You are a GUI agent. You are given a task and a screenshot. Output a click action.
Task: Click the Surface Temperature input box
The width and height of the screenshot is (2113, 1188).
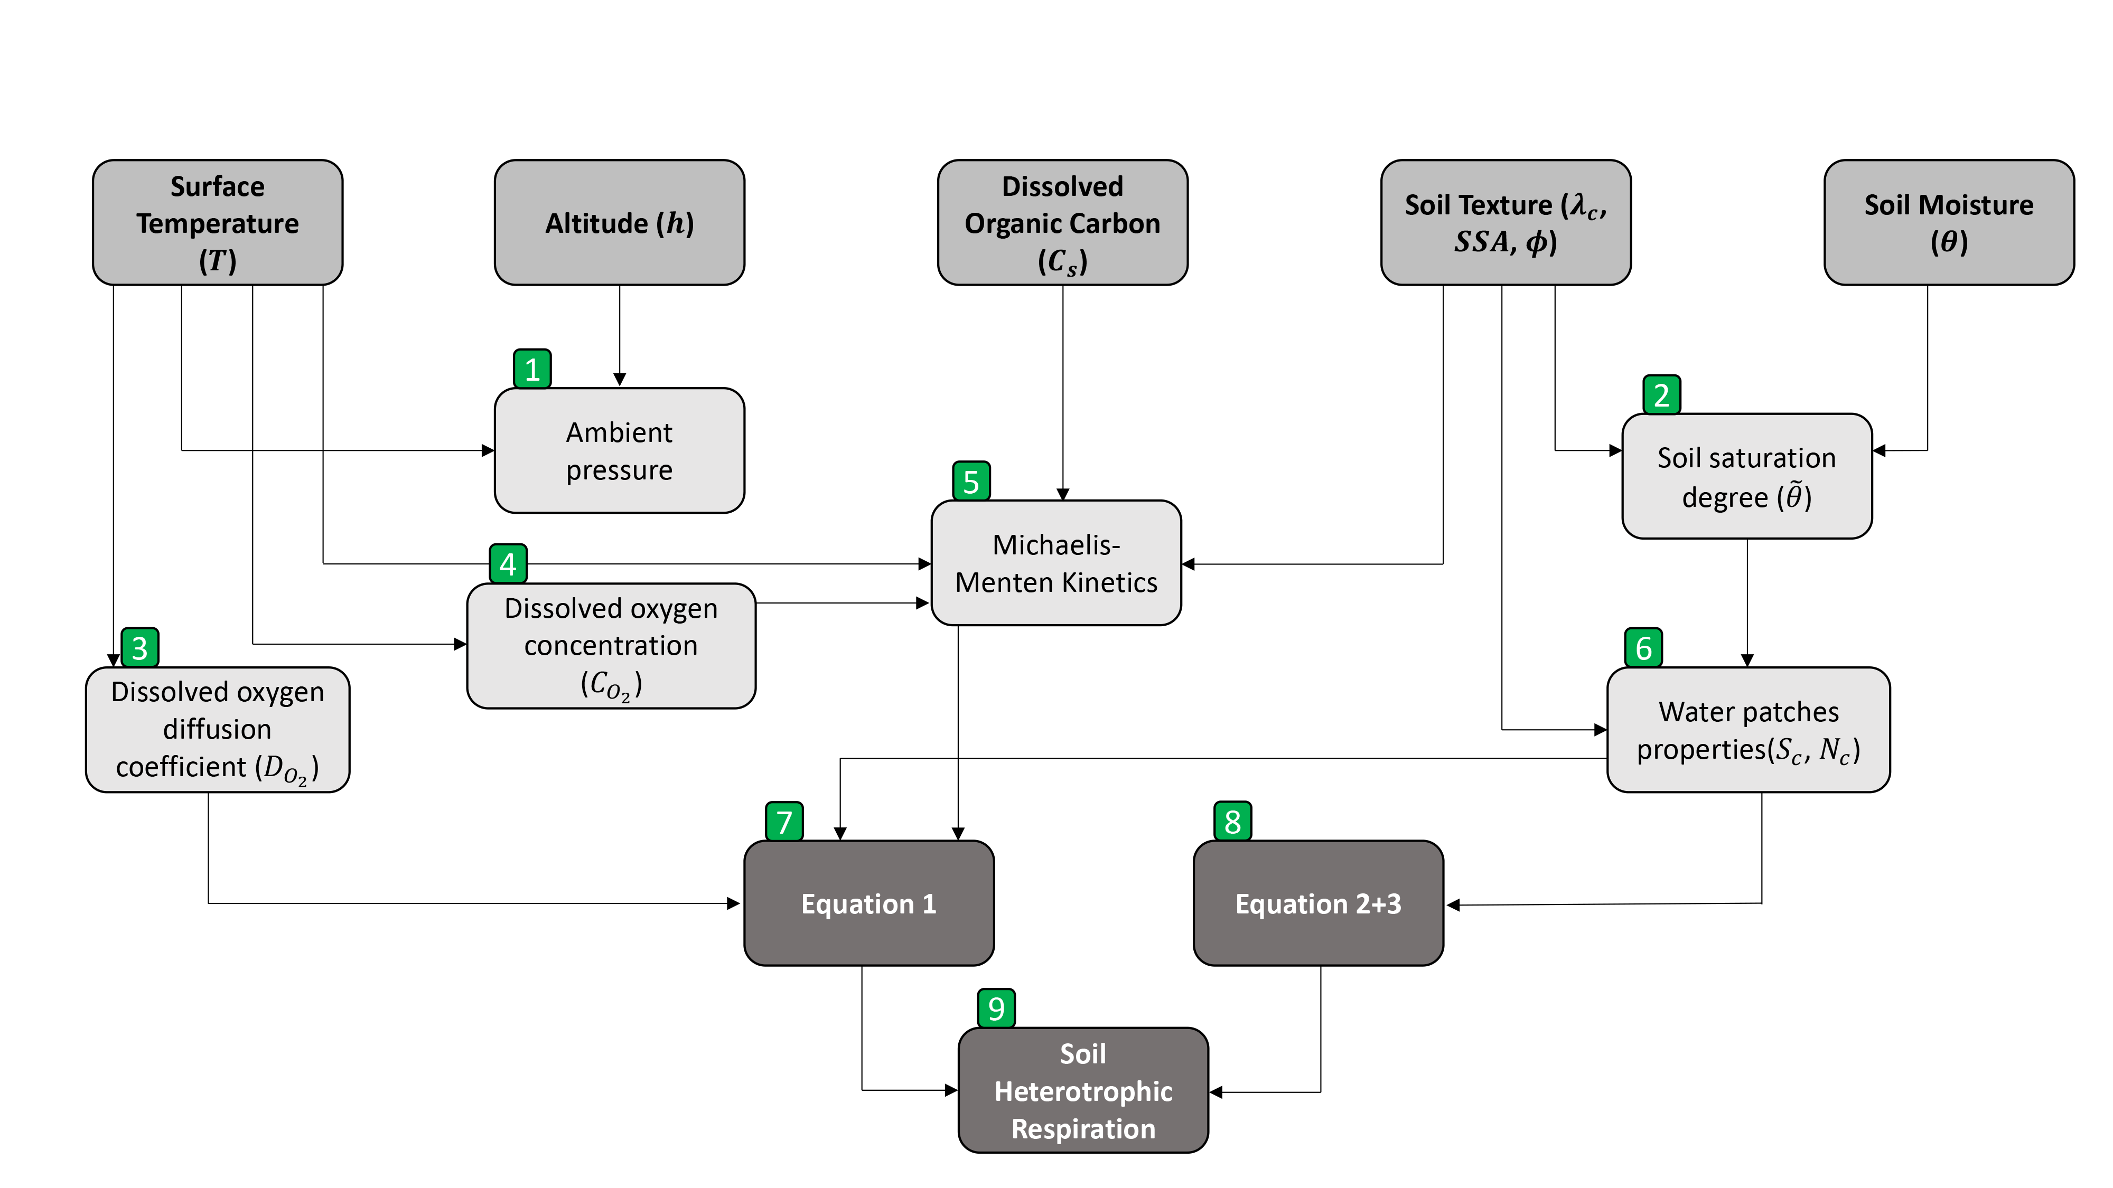217,222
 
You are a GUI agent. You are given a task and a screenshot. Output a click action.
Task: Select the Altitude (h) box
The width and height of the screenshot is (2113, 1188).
619,222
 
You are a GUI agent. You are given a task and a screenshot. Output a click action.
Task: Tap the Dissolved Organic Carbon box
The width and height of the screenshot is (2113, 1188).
1062,222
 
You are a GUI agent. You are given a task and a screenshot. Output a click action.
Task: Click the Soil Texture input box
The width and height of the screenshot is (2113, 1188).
1505,222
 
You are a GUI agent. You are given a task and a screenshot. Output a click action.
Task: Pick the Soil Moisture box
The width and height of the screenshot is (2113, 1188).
1948,222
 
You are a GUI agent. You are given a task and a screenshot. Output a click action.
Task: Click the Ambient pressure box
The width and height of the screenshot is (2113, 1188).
619,451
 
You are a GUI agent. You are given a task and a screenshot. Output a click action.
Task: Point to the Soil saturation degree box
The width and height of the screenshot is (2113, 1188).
1746,476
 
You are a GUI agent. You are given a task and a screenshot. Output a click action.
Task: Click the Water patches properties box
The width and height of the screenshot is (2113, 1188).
1748,730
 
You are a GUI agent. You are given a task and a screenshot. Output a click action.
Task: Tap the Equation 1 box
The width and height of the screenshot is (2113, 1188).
868,903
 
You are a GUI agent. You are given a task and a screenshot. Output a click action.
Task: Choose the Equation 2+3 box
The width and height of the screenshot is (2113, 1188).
1318,903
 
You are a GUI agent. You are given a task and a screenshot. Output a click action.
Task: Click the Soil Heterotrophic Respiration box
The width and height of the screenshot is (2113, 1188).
1083,1090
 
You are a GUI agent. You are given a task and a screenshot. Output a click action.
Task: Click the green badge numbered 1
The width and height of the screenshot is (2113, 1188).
532,369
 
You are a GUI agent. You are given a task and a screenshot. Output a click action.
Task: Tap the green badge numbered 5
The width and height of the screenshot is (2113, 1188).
971,481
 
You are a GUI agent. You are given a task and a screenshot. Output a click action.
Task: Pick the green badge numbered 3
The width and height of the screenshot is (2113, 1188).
139,648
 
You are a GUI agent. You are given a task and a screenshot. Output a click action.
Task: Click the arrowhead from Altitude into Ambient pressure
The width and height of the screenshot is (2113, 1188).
619,380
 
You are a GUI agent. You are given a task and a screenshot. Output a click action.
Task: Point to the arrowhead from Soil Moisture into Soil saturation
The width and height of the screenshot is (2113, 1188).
1879,450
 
